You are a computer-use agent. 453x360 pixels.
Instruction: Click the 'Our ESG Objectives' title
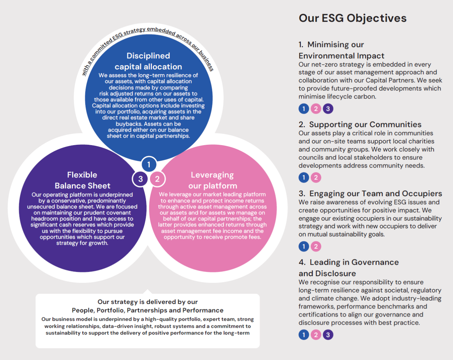(352, 18)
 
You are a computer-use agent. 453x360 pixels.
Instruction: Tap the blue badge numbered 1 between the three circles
(149, 164)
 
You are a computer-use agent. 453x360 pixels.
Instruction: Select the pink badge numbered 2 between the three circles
(157, 179)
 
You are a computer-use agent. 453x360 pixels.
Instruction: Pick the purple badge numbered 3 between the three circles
(141, 179)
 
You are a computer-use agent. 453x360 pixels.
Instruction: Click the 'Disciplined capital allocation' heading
(148, 61)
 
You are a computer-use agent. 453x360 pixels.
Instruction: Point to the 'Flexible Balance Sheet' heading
(82, 181)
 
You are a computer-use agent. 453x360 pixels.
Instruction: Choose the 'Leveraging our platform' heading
(213, 181)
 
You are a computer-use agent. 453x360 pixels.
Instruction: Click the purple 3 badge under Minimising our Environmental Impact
(328, 109)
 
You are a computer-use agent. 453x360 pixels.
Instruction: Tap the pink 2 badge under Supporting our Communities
(316, 177)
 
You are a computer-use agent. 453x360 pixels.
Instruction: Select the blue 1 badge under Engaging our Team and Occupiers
(304, 246)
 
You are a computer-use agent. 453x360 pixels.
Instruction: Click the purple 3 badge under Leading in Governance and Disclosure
(328, 335)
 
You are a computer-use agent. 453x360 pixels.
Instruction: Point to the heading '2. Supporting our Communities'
(360, 124)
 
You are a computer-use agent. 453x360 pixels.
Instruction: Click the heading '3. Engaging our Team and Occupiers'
(370, 194)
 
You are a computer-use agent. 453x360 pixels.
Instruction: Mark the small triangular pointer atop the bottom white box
(148, 292)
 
